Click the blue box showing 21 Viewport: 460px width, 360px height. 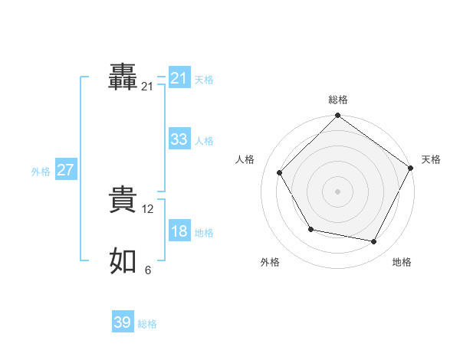[179, 78]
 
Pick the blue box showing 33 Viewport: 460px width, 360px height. [179, 139]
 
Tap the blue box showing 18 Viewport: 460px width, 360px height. [179, 231]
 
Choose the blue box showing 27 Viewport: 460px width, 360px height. [65, 170]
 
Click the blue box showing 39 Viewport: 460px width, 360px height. [123, 322]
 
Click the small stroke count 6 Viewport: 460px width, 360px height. [148, 270]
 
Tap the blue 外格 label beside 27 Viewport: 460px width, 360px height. [41, 172]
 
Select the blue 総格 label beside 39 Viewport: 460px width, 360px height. [147, 324]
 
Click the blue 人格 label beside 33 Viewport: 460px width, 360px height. [204, 141]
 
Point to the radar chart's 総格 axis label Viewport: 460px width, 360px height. [338, 100]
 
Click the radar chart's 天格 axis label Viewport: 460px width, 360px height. [431, 159]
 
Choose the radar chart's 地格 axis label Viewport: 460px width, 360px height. [402, 262]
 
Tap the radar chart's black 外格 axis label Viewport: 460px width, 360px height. [270, 262]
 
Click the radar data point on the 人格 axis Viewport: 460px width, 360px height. [280, 172]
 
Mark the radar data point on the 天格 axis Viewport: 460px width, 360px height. [410, 168]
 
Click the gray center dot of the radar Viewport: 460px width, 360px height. [338, 191]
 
